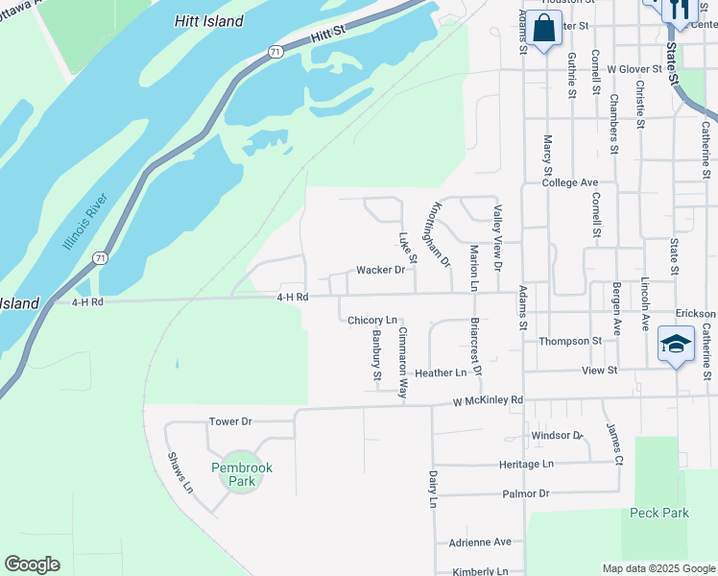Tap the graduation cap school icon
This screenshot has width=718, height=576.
pos(676,345)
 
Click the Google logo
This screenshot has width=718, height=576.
pos(32,564)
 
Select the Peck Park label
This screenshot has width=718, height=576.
pos(659,513)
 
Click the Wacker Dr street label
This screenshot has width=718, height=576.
pos(380,271)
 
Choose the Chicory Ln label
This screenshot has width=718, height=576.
pos(371,320)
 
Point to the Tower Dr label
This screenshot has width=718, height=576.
pos(229,421)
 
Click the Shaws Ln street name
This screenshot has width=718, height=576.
pos(180,472)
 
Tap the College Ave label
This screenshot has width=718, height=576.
pos(569,182)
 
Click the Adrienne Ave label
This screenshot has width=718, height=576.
pos(480,541)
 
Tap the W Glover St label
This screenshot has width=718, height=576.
pos(634,69)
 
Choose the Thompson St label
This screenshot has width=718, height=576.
pos(569,341)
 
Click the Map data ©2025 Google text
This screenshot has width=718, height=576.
pos(658,568)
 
